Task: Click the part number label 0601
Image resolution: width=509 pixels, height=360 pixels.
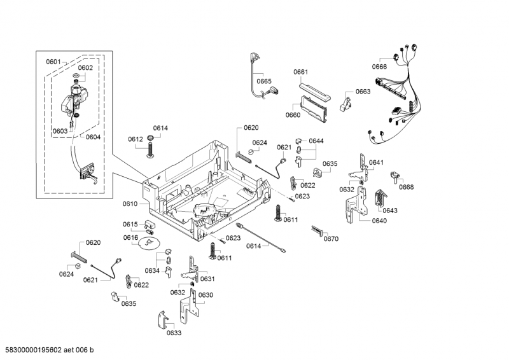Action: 53,62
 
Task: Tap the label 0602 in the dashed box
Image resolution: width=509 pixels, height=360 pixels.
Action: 85,67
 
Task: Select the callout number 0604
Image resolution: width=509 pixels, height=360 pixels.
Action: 93,137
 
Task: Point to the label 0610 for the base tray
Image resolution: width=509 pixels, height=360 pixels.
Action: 130,204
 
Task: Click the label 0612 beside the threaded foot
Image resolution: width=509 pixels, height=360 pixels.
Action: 135,139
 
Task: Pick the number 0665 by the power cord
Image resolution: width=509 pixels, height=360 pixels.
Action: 264,81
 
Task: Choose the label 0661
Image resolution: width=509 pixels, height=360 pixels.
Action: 301,71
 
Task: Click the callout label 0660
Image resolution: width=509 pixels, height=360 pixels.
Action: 293,115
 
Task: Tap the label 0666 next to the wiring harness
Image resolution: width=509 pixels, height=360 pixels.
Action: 380,67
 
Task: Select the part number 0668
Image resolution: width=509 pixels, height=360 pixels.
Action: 407,186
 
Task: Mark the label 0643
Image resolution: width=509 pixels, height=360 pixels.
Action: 390,211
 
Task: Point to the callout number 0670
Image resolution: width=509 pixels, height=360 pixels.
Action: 331,239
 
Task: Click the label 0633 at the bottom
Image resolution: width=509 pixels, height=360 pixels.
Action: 174,333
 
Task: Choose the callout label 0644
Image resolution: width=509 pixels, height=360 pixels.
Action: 317,141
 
